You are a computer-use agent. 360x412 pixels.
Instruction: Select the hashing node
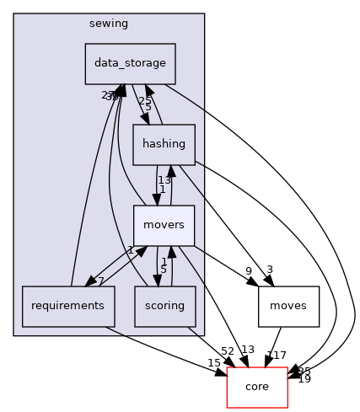[x=164, y=144]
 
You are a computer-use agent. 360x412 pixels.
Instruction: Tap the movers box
[x=164, y=226]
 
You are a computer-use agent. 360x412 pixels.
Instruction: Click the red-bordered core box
[x=257, y=387]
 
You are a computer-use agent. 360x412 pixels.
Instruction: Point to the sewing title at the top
[x=109, y=24]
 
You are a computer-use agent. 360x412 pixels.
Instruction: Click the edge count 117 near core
[x=279, y=356]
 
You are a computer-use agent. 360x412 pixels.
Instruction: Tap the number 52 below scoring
[x=203, y=350]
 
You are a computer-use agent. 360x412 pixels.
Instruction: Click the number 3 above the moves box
[x=269, y=270]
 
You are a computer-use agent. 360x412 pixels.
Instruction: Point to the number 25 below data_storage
[x=144, y=100]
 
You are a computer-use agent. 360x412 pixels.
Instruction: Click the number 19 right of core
[x=304, y=379]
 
